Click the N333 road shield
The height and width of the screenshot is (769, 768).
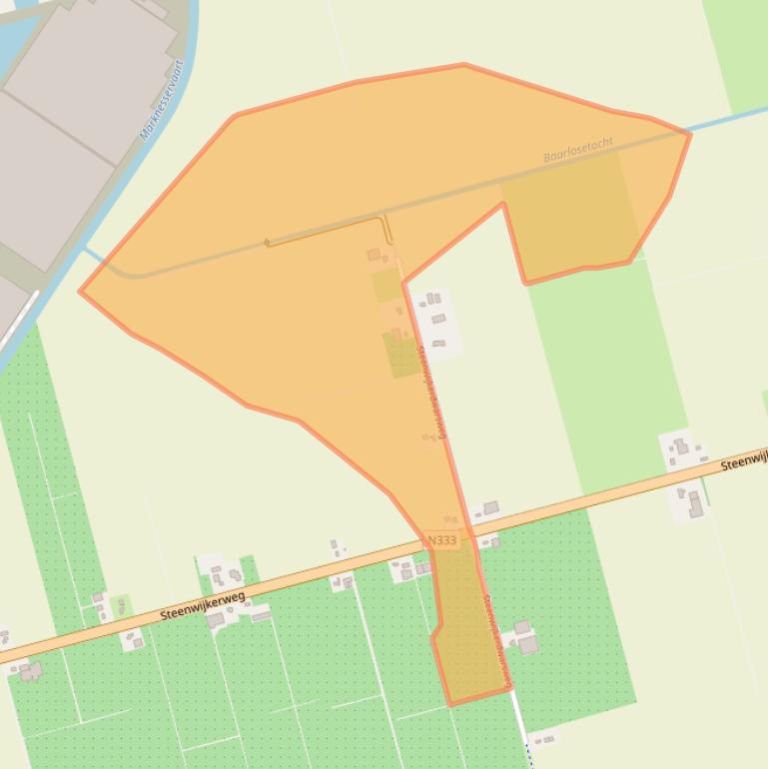click(x=441, y=540)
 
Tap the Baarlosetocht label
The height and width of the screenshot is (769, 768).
click(x=578, y=151)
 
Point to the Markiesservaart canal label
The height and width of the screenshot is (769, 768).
click(x=163, y=100)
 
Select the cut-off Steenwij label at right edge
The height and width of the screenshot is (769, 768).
click(x=744, y=462)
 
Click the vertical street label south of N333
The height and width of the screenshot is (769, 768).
click(x=496, y=639)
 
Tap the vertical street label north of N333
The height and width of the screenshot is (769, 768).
click(x=432, y=389)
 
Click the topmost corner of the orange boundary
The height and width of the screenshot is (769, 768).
click(x=464, y=66)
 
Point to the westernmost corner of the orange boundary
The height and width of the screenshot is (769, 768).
click(x=81, y=292)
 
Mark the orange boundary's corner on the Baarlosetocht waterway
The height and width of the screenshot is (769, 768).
click(x=689, y=133)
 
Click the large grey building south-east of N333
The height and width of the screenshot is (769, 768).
click(x=527, y=644)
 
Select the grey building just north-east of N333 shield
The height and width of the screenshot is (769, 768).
click(x=490, y=508)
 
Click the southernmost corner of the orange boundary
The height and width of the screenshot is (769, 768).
click(x=451, y=704)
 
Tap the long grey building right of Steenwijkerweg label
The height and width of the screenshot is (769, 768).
click(x=260, y=616)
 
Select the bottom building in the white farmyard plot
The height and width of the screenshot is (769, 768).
click(x=438, y=344)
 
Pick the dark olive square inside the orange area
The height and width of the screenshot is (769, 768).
click(x=402, y=356)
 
